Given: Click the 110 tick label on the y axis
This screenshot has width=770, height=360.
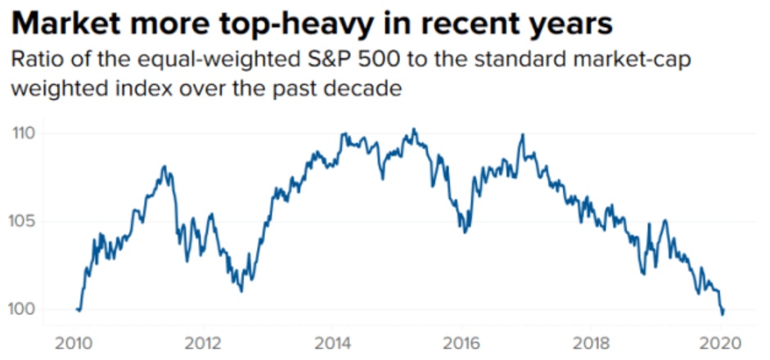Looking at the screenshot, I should click(x=28, y=133).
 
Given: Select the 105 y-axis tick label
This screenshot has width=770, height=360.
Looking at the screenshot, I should click(x=28, y=221).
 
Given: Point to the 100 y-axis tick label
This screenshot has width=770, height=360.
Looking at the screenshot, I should click(x=28, y=309).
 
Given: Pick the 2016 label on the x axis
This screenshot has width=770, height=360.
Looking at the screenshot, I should click(x=462, y=341).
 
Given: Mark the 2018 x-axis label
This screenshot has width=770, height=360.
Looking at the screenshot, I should click(x=590, y=341).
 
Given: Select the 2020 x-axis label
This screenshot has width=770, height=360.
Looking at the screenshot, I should click(x=718, y=341).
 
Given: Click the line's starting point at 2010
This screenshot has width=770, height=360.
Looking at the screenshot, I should click(x=76, y=309).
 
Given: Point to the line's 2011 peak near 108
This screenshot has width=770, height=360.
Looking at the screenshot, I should click(x=164, y=167).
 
